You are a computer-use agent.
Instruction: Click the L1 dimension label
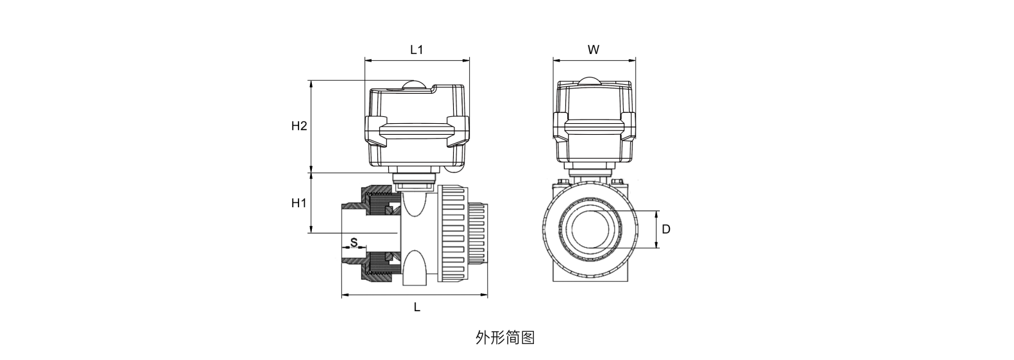point(417,49)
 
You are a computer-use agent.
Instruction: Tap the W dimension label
point(594,49)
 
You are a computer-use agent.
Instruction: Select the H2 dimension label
point(299,126)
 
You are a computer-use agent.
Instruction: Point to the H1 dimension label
point(299,203)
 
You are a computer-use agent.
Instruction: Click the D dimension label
point(666,229)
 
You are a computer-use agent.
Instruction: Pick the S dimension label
point(353,242)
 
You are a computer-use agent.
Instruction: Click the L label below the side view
point(417,307)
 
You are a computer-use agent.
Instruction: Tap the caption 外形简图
point(505,338)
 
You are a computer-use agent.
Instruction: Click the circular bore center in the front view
point(594,230)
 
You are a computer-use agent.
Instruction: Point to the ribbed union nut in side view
point(452,234)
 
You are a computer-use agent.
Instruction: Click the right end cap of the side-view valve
point(478,234)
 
